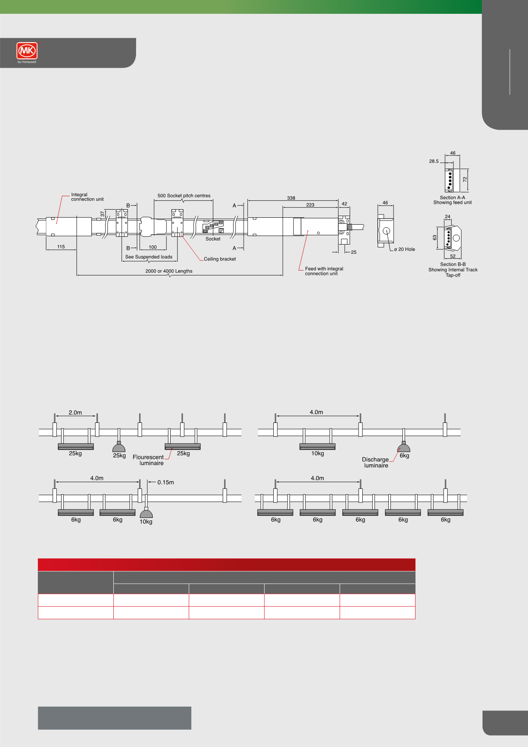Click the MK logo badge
(x=27, y=51)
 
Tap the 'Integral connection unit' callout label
(x=87, y=197)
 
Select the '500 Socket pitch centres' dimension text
(x=184, y=196)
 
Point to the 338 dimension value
(x=291, y=198)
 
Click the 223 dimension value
(x=310, y=205)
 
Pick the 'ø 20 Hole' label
(x=405, y=249)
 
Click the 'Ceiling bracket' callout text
(x=220, y=259)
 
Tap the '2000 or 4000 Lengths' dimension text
(x=169, y=271)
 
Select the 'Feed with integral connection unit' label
(x=324, y=271)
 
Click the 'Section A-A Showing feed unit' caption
(x=452, y=200)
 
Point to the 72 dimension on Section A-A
(x=465, y=179)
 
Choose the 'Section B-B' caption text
(x=453, y=264)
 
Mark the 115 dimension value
(x=61, y=247)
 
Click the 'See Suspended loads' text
(x=149, y=257)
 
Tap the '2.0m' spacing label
(x=75, y=413)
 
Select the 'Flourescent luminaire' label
(x=148, y=460)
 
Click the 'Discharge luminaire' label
(x=375, y=463)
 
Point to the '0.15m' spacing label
(x=166, y=483)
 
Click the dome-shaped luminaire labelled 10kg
(x=146, y=513)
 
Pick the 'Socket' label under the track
(x=213, y=239)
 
